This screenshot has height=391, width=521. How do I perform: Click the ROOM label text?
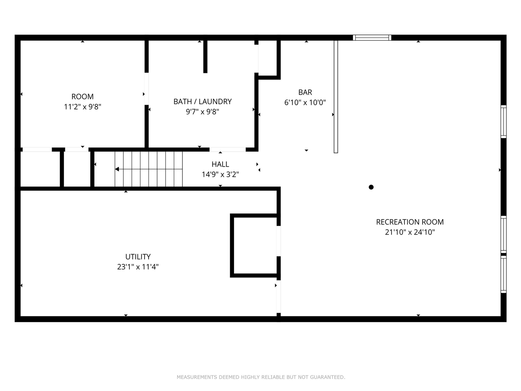(x=82, y=97)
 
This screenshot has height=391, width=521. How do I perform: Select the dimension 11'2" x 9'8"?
(x=82, y=107)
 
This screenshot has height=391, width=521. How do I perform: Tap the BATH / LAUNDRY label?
(x=202, y=101)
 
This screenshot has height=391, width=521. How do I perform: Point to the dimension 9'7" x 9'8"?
(x=202, y=112)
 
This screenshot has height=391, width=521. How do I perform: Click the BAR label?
(x=305, y=92)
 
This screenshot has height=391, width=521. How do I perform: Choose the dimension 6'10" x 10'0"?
(x=305, y=103)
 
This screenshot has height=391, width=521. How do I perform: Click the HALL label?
(x=220, y=164)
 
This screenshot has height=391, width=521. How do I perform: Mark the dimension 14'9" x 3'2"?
(x=220, y=174)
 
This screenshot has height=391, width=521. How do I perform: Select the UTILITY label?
(x=138, y=257)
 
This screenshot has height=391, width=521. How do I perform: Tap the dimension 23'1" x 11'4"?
(x=138, y=267)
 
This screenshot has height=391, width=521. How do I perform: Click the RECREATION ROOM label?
(x=409, y=222)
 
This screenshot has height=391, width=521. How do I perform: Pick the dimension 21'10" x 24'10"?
(x=409, y=232)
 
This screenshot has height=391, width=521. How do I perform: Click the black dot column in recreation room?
(x=371, y=187)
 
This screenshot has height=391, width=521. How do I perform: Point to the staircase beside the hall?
(x=149, y=169)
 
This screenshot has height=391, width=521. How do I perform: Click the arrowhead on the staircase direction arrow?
(x=117, y=169)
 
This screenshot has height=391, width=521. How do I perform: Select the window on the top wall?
(x=372, y=37)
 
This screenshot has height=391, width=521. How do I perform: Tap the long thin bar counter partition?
(x=336, y=97)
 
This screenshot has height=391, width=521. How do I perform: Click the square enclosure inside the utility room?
(x=255, y=246)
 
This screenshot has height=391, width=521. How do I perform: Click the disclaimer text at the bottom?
(x=260, y=377)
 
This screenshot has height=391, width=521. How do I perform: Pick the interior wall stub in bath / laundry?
(x=205, y=57)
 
